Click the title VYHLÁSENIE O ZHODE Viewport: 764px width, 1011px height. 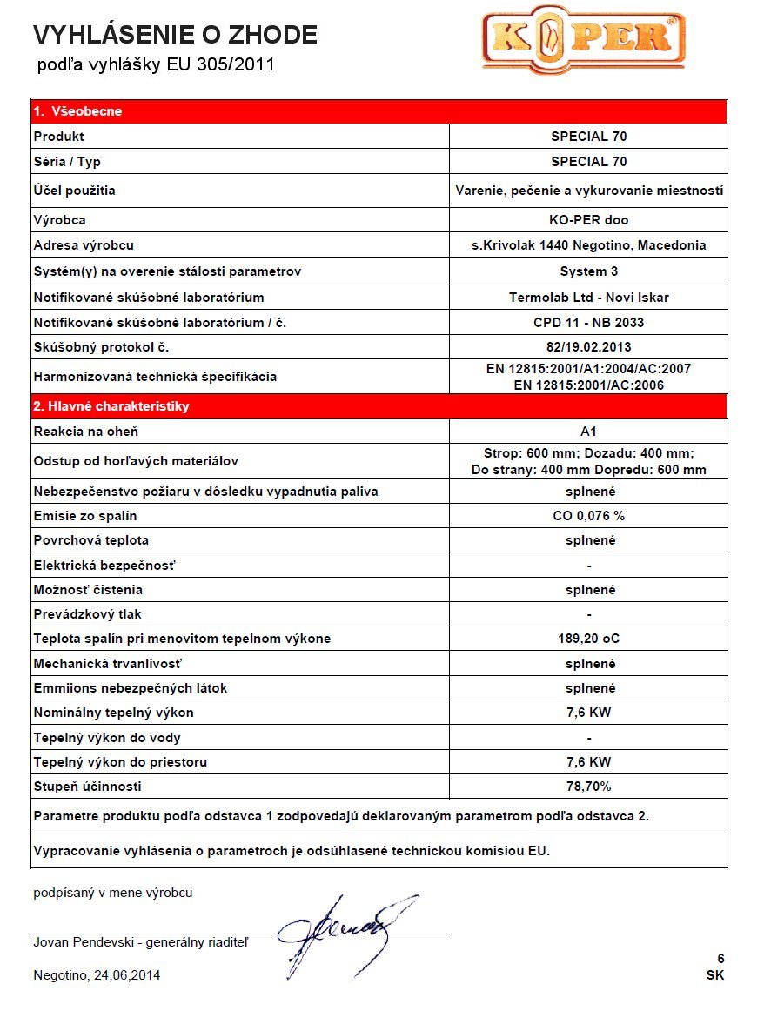(175, 35)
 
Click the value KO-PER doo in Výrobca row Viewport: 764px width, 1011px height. (588, 220)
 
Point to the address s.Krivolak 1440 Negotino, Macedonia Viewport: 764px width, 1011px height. (588, 245)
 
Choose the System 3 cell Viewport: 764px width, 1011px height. (588, 271)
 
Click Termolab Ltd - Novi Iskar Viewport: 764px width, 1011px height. (588, 298)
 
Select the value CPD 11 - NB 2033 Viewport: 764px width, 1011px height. (588, 323)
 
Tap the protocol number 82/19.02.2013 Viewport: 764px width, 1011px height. (588, 347)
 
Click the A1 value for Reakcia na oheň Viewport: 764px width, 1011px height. (588, 432)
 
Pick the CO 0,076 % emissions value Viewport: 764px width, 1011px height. (588, 515)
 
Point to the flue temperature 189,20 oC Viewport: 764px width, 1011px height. (588, 639)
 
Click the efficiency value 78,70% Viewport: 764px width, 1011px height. (588, 787)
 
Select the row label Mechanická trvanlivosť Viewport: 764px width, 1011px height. (107, 664)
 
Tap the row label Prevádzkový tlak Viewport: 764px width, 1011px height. (87, 614)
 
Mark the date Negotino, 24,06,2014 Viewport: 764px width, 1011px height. (97, 975)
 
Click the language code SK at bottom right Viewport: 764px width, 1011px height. (715, 975)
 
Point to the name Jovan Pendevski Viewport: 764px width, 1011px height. (86, 942)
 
